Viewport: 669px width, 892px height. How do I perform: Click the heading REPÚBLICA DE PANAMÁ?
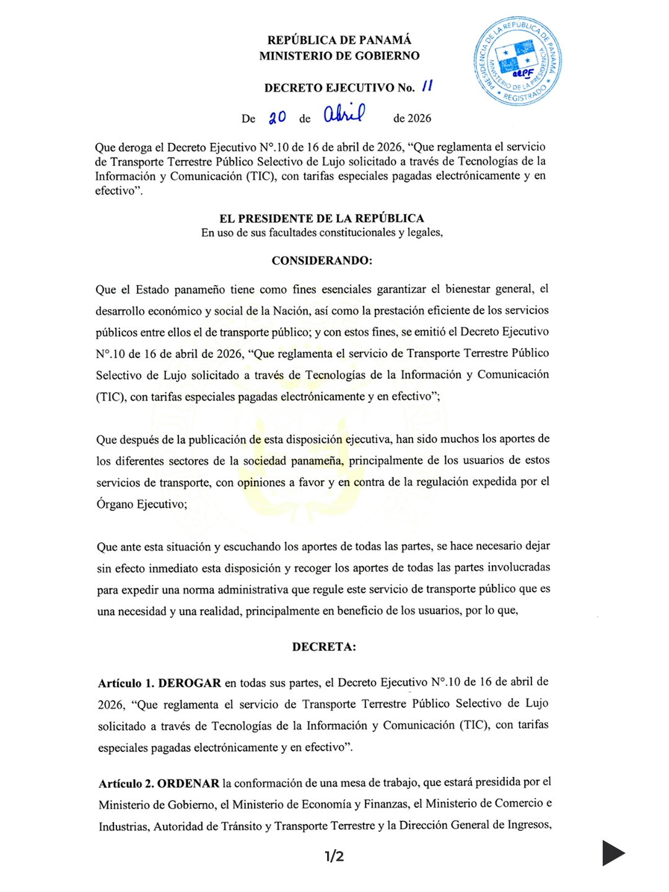click(339, 40)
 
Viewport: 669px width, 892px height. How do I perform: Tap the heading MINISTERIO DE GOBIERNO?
click(339, 56)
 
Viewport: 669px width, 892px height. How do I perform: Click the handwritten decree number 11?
click(427, 86)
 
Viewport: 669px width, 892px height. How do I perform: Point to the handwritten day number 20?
click(277, 117)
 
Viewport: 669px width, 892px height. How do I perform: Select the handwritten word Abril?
click(344, 113)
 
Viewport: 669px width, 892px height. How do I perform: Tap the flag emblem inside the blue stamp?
click(515, 57)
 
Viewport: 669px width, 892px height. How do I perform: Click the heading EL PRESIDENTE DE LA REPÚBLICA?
click(321, 218)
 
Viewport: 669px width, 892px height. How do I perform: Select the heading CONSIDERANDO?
click(321, 261)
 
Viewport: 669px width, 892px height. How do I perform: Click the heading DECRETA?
click(324, 647)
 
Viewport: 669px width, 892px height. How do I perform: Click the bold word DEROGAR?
click(190, 683)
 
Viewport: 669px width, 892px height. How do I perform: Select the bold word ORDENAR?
click(188, 784)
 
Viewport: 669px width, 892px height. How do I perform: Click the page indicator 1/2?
click(334, 857)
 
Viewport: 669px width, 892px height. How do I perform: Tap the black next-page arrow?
click(613, 853)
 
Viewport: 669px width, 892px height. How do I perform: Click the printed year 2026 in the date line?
click(419, 118)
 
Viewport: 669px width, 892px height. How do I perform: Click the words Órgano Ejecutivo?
click(141, 504)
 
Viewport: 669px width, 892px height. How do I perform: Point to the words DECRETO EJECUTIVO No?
click(339, 88)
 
